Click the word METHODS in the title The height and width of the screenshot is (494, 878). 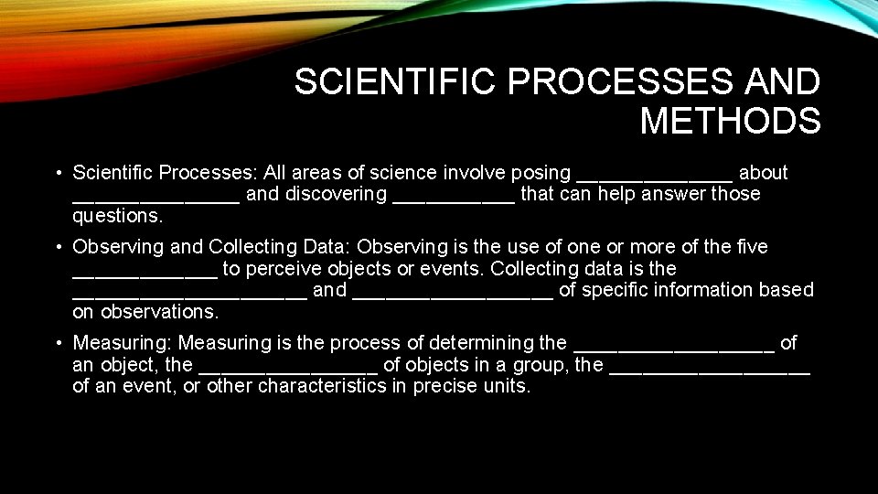point(730,121)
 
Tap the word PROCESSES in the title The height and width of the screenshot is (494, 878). point(621,82)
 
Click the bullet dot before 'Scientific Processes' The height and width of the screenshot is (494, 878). point(58,173)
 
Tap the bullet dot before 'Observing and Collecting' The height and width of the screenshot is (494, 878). point(58,247)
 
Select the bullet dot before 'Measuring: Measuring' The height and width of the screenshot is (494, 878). point(58,343)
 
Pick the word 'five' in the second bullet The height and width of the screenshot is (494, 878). point(751,247)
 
